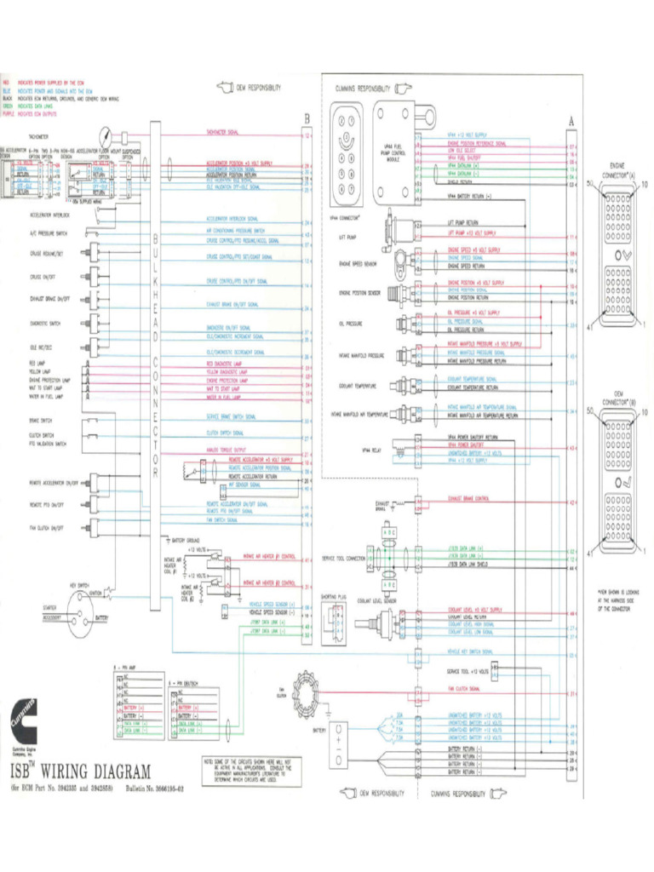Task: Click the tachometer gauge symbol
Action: (x=104, y=136)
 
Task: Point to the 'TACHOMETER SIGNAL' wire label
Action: (x=222, y=133)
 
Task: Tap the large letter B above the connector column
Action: (x=307, y=118)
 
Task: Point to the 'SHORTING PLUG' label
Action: (x=334, y=597)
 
